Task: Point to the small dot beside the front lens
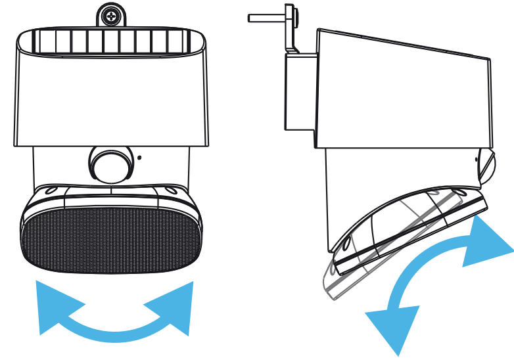click(x=139, y=157)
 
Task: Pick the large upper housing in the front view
click(x=110, y=99)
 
